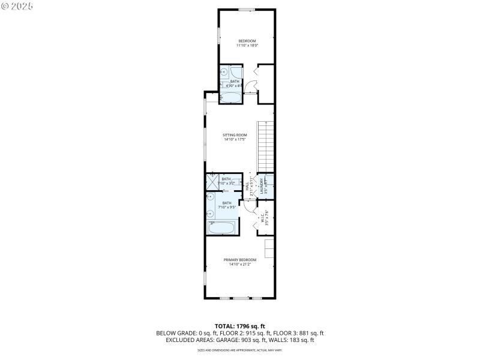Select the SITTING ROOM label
(235, 135)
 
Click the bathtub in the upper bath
(230, 97)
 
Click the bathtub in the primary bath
(222, 227)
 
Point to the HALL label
(247, 187)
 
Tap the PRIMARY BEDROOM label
(240, 260)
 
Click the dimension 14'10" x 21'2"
(240, 265)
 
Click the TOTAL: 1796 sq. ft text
(240, 326)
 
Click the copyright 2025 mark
(17, 5)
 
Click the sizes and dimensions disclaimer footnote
(240, 350)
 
